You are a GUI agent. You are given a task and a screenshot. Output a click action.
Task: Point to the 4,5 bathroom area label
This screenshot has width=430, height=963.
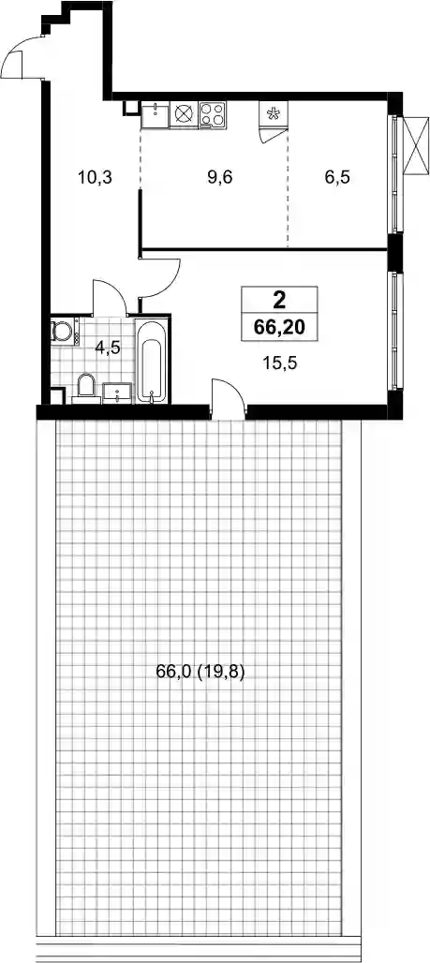(x=108, y=347)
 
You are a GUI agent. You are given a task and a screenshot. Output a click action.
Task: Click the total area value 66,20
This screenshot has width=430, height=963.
(x=280, y=327)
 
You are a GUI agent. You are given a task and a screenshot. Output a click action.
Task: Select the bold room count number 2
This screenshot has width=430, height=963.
(x=279, y=301)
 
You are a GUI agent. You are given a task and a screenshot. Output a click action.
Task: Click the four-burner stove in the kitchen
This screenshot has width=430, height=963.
(x=213, y=114)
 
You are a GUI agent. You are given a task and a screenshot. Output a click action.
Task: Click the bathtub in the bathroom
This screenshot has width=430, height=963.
(x=151, y=360)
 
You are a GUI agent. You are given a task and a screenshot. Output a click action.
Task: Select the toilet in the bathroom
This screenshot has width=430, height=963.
(x=86, y=389)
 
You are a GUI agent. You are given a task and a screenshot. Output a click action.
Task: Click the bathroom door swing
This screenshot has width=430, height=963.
(x=110, y=295)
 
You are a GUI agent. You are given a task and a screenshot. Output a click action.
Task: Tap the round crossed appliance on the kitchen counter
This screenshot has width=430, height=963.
(x=185, y=114)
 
